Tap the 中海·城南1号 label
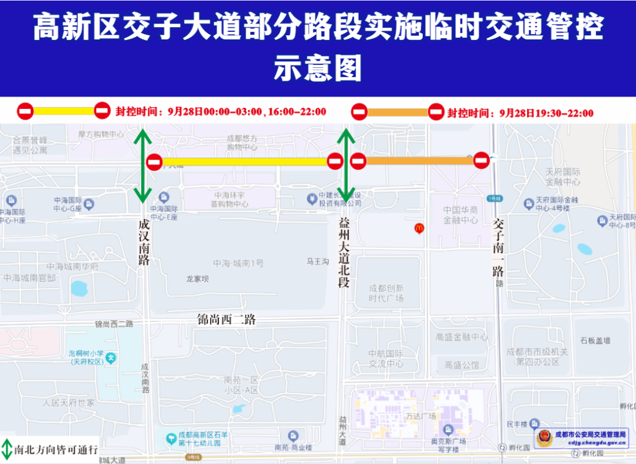[238, 263]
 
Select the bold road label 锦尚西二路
[226, 320]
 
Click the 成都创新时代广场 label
[386, 293]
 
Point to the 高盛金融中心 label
[462, 337]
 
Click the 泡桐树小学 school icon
[111, 357]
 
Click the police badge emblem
[544, 438]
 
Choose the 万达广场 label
[420, 416]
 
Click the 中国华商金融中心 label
[461, 215]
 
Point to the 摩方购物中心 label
[101, 134]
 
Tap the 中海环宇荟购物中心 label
[230, 200]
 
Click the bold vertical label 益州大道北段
[344, 252]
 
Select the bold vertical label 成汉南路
[144, 242]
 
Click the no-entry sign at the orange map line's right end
[481, 159]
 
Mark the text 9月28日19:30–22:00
[546, 113]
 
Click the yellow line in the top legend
[64, 111]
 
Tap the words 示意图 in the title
[317, 69]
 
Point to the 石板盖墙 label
[595, 340]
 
